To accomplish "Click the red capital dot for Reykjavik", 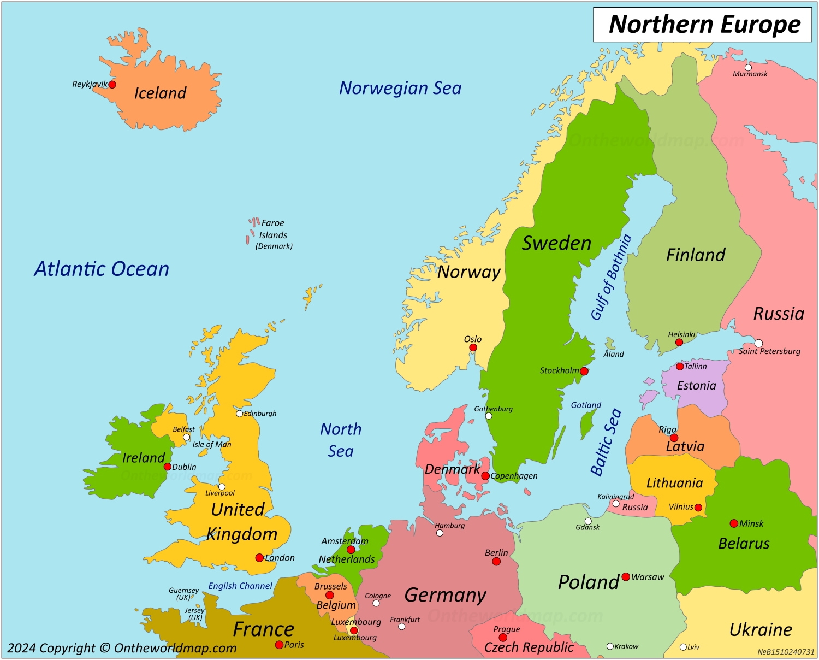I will click(x=112, y=84).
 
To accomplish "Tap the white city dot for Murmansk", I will click(x=748, y=68).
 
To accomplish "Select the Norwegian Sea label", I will click(x=400, y=88).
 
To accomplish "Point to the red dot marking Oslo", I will click(x=473, y=347).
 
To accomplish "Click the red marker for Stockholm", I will click(x=584, y=371).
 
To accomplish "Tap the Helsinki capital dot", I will click(x=679, y=343).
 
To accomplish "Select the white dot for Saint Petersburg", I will click(x=758, y=343).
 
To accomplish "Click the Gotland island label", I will click(x=586, y=405).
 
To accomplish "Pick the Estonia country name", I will click(x=696, y=386).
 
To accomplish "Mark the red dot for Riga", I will click(x=674, y=438).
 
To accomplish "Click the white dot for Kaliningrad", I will click(x=616, y=504).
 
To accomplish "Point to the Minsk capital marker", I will click(x=734, y=523).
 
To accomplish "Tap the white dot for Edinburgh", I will click(x=239, y=414).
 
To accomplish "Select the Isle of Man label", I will click(x=212, y=444).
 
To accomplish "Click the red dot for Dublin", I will click(x=168, y=467).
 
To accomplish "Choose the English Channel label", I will click(x=240, y=586).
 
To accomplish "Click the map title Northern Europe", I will click(x=704, y=25).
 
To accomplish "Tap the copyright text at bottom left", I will click(x=122, y=648).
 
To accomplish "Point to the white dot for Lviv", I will click(x=683, y=647).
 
